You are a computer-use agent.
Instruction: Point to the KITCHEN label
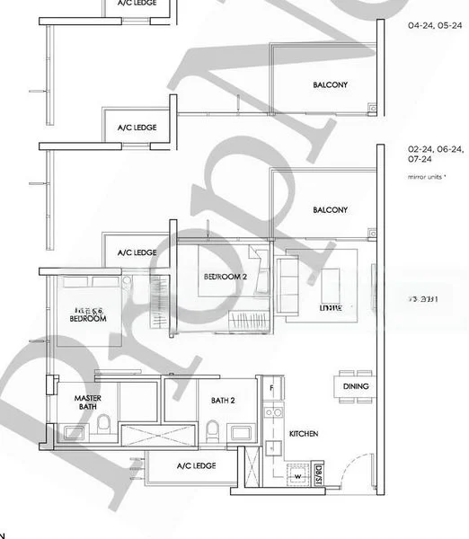[x=304, y=434]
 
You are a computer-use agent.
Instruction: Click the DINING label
[x=357, y=386]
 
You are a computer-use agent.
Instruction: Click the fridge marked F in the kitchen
[x=271, y=387]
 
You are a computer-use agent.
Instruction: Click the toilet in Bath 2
[x=212, y=430]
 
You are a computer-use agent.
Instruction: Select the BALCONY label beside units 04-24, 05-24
[x=330, y=85]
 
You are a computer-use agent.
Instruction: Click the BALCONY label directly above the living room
[x=330, y=209]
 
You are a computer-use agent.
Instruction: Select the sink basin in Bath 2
[x=242, y=433]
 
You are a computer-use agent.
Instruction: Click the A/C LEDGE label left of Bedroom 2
[x=137, y=252]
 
